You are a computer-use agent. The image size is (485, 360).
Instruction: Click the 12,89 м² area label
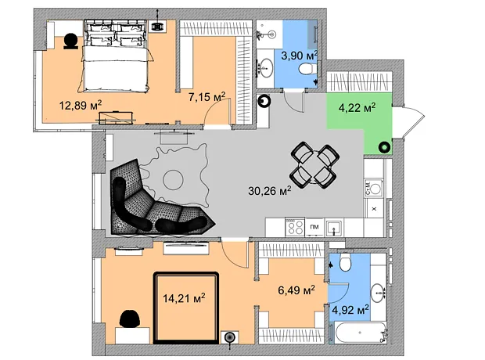[x=81, y=106]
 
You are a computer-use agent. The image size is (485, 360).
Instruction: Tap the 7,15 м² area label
[x=207, y=97]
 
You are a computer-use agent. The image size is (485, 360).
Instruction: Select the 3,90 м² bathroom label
[x=300, y=56]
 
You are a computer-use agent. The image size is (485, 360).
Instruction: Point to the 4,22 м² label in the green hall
[x=357, y=108]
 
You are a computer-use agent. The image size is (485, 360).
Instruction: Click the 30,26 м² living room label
[x=270, y=191]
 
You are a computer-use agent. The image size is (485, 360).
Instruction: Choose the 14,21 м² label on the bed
[x=184, y=298]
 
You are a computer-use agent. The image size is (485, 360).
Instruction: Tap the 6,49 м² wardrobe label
[x=296, y=290]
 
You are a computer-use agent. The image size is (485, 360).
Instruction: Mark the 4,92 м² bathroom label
[x=350, y=310]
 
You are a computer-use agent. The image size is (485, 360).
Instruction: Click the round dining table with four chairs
[x=313, y=165]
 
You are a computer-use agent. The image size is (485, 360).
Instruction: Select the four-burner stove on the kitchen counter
[x=295, y=227]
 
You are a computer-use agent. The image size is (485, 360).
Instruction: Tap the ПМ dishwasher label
[x=314, y=227]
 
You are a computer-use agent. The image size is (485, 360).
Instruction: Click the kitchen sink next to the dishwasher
[x=334, y=229]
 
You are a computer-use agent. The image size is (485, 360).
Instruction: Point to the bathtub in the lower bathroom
[x=361, y=333]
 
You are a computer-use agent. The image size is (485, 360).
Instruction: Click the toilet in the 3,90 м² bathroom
[x=307, y=68]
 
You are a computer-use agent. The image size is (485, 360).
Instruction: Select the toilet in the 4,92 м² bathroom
[x=345, y=262]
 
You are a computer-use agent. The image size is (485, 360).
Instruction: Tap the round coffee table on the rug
[x=173, y=179]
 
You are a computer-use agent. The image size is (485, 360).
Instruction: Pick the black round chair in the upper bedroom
[x=71, y=41]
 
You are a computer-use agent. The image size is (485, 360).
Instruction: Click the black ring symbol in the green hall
[x=384, y=147]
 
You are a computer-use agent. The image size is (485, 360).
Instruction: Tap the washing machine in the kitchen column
[x=374, y=188]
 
